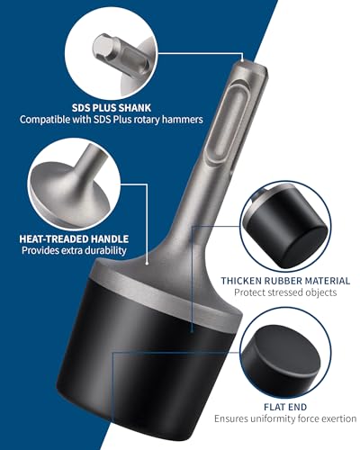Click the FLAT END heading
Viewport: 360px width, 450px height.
(x=284, y=404)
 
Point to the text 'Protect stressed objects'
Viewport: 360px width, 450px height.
(x=284, y=293)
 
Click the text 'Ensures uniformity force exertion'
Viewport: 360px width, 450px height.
(x=284, y=418)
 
